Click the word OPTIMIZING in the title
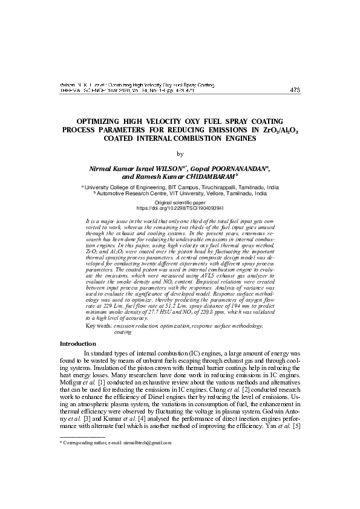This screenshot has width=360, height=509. click(x=102, y=122)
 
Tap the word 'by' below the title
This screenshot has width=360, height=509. click(x=180, y=154)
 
